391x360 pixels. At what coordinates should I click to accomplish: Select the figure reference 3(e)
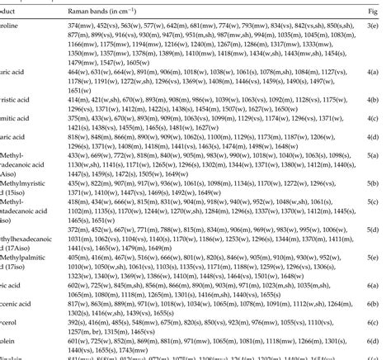click(x=382, y=27)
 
